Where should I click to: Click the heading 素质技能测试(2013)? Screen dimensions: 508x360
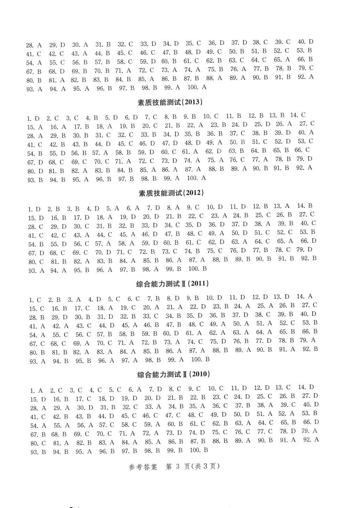pyautogui.click(x=170, y=102)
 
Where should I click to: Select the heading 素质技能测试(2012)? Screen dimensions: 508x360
pyautogui.click(x=171, y=193)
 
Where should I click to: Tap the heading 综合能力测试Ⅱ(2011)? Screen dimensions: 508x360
pyautogui.click(x=172, y=284)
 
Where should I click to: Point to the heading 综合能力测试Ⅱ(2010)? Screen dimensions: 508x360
pyautogui.click(x=173, y=375)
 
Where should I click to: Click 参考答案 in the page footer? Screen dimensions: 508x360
pyautogui.click(x=146, y=466)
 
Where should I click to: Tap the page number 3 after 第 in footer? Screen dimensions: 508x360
pyautogui.click(x=177, y=466)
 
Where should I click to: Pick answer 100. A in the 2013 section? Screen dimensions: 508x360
pyautogui.click(x=196, y=178)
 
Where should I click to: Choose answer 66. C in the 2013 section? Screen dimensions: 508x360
pyautogui.click(x=302, y=150)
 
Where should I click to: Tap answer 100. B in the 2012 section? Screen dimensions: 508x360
pyautogui.click(x=197, y=269)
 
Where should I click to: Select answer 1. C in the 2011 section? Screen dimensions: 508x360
pyautogui.click(x=35, y=300)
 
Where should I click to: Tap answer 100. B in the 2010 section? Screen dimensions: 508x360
pyautogui.click(x=199, y=450)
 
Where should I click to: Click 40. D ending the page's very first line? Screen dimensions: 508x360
pyautogui.click(x=305, y=42)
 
